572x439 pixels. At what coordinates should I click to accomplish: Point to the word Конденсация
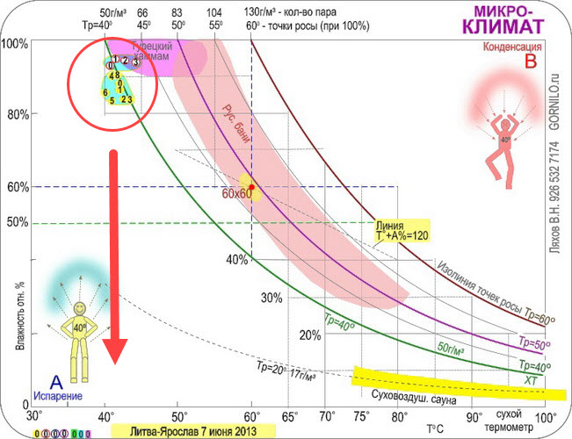click(499, 46)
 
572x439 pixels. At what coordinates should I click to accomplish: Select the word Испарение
click(58, 397)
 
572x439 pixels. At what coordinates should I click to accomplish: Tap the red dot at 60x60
click(251, 188)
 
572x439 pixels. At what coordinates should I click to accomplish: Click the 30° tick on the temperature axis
click(35, 416)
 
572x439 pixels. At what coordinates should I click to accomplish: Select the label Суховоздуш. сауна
click(403, 394)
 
